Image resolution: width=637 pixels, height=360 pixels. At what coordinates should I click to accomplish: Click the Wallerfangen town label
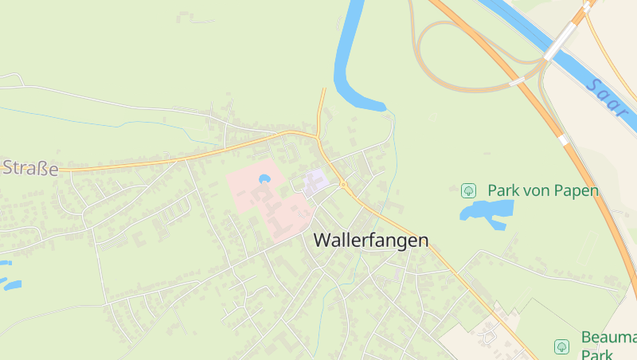click(x=371, y=240)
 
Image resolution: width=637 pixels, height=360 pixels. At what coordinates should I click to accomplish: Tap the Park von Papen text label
click(x=543, y=190)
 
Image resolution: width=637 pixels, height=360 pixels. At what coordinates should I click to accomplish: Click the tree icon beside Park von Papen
click(x=468, y=190)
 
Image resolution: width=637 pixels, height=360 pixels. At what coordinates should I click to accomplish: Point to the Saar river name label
click(x=606, y=98)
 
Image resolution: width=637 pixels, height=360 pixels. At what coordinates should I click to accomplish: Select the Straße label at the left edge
click(x=30, y=168)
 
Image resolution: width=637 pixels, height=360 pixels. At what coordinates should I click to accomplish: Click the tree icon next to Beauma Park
click(x=561, y=346)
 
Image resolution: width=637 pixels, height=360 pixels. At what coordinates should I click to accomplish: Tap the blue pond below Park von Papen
click(x=485, y=211)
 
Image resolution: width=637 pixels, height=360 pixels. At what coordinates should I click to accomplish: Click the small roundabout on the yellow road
click(x=343, y=185)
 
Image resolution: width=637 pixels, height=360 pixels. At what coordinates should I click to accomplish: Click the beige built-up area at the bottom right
click(x=478, y=338)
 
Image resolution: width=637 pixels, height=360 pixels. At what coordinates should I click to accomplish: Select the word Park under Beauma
click(x=596, y=354)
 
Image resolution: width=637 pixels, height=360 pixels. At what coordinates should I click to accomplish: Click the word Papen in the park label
click(x=574, y=190)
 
